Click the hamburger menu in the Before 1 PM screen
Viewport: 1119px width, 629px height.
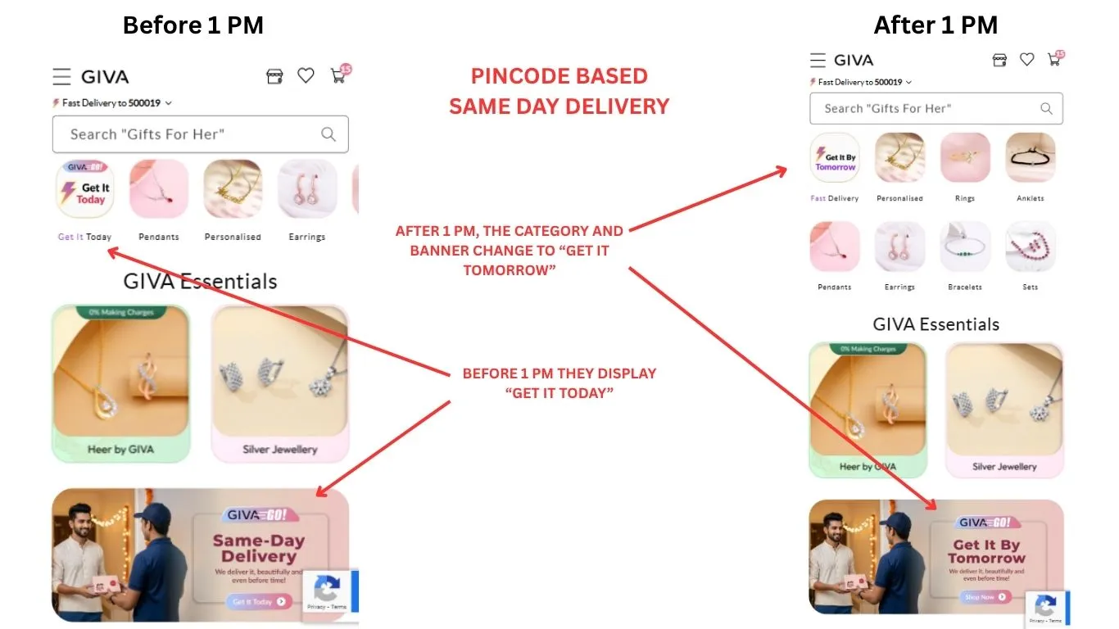pyautogui.click(x=61, y=77)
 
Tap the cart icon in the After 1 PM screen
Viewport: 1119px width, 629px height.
pyautogui.click(x=1053, y=60)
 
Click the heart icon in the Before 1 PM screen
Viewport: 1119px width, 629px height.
pyautogui.click(x=306, y=76)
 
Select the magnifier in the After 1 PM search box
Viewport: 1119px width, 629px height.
pyautogui.click(x=1046, y=109)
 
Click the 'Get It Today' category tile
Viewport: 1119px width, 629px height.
pyautogui.click(x=85, y=189)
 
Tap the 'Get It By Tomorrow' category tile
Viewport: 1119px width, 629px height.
pyautogui.click(x=834, y=158)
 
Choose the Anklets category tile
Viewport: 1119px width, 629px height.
pyautogui.click(x=1030, y=158)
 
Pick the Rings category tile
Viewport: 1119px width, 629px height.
pyautogui.click(x=965, y=158)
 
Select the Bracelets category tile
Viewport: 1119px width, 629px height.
pyautogui.click(x=965, y=247)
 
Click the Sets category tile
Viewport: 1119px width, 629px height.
pyautogui.click(x=1030, y=247)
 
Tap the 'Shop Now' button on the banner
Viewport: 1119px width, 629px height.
pyautogui.click(x=986, y=597)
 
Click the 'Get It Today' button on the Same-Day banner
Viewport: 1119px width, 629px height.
pyautogui.click(x=258, y=601)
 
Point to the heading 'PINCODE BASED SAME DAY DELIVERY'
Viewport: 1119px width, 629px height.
pyautogui.click(x=559, y=91)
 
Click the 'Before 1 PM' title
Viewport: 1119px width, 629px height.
pyautogui.click(x=193, y=25)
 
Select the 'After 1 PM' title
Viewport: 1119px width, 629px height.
pyautogui.click(x=936, y=25)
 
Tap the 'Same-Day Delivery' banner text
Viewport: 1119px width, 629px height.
pyautogui.click(x=258, y=548)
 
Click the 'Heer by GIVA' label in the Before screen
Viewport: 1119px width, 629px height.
pyautogui.click(x=120, y=449)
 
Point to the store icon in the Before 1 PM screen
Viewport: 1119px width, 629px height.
pyautogui.click(x=274, y=76)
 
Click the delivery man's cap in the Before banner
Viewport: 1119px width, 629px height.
pyautogui.click(x=152, y=515)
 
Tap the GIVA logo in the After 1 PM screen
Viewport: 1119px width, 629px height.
pyautogui.click(x=854, y=60)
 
